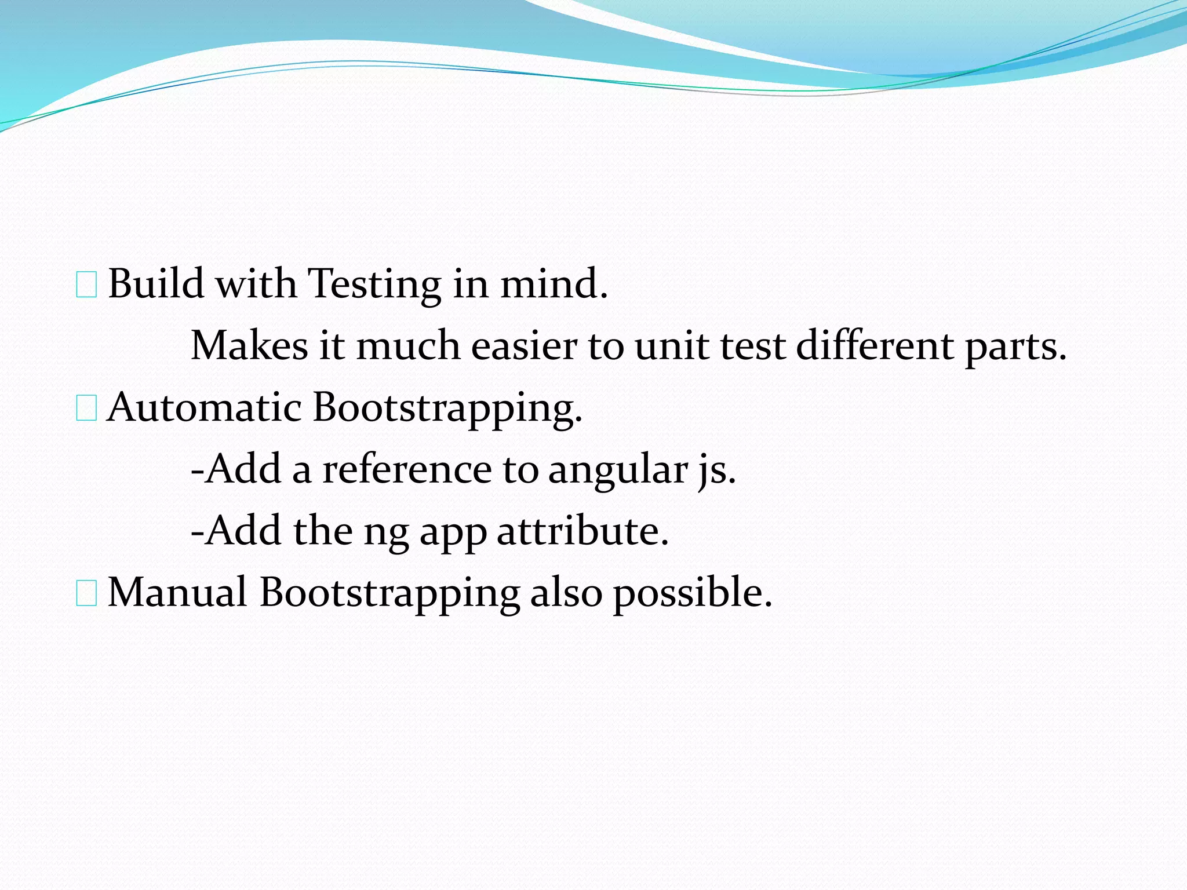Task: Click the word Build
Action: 156,284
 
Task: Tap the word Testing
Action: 374,285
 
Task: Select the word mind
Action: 554,284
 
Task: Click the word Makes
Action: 249,346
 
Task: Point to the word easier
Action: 524,346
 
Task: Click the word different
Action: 875,346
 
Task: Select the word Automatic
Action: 205,407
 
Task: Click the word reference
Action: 407,469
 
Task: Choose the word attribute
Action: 582,531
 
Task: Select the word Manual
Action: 177,592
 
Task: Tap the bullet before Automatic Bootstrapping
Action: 86,410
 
